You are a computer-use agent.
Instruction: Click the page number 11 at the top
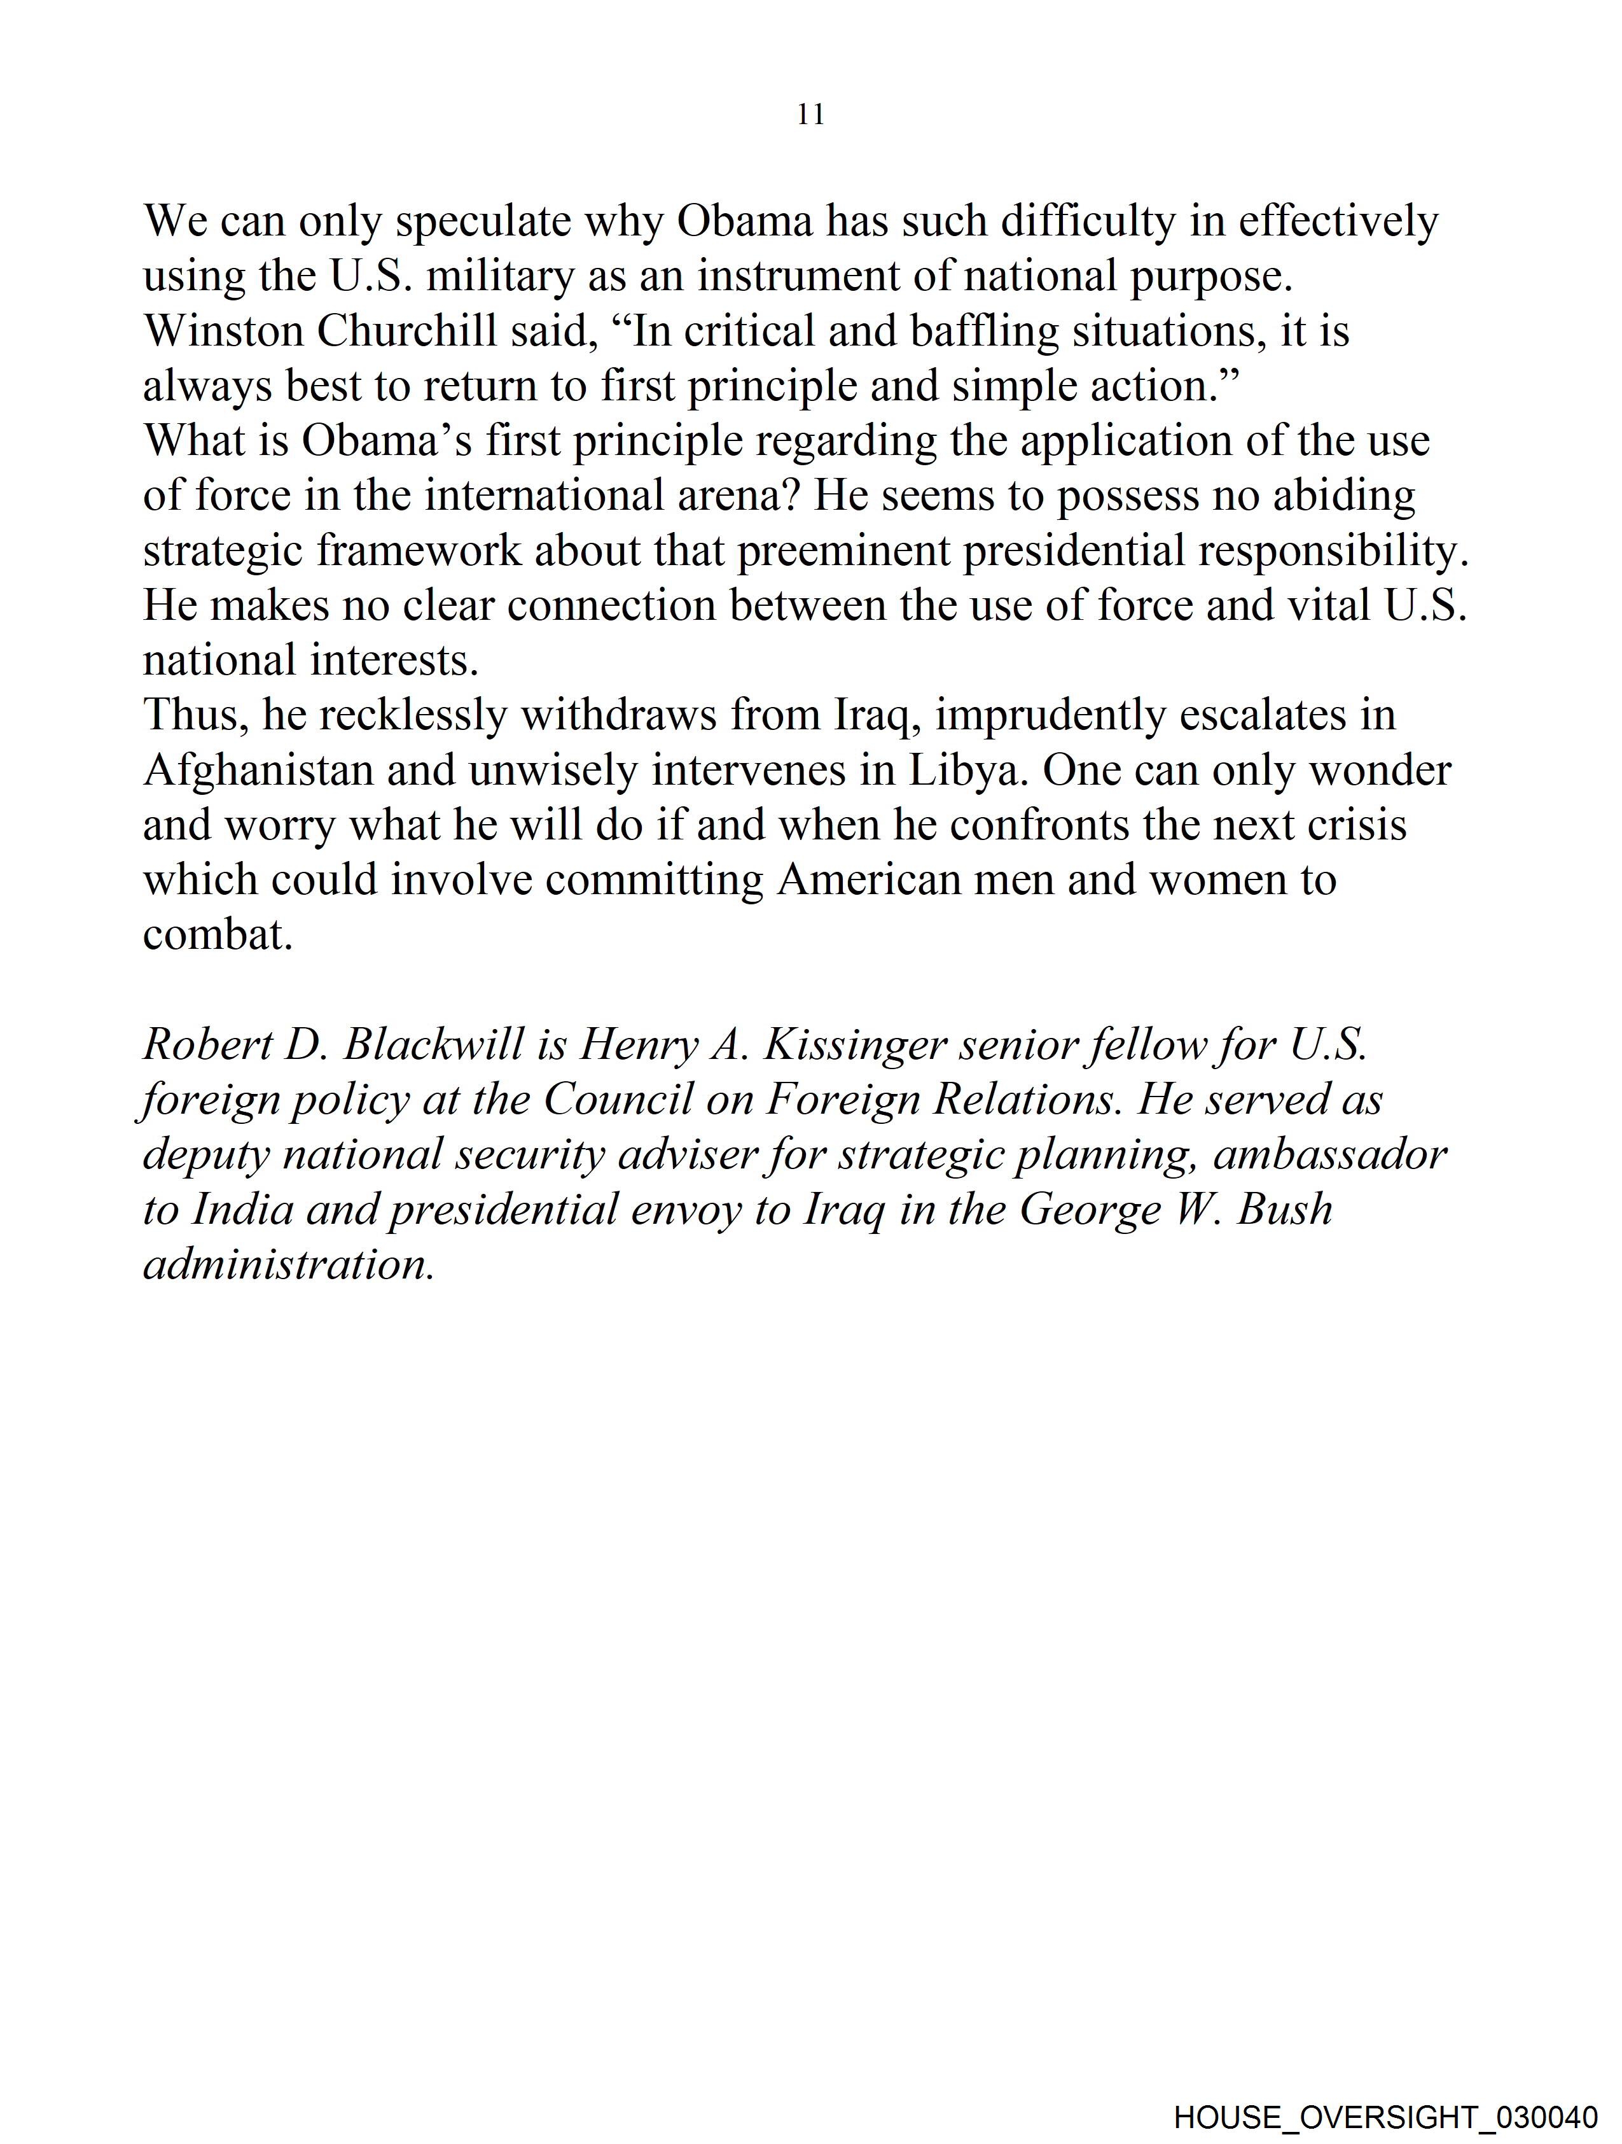(x=811, y=115)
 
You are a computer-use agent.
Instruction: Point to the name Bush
(x=1285, y=1210)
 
